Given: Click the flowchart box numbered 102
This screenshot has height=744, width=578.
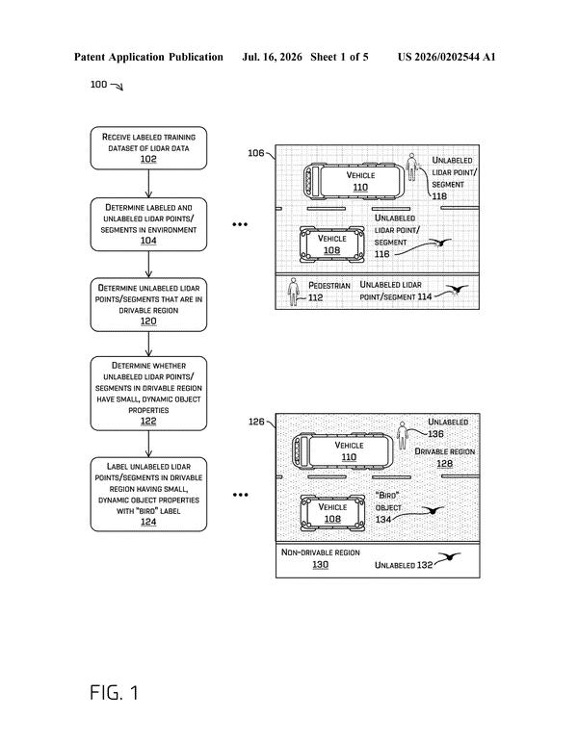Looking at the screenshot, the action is (x=148, y=148).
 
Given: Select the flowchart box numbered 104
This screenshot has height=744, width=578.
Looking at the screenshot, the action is (x=148, y=224).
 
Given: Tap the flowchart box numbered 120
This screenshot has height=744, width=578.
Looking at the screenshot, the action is (x=148, y=304).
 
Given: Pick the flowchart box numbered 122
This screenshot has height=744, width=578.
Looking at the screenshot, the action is (x=148, y=394).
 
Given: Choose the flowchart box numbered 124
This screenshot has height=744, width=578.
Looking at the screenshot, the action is (x=148, y=494).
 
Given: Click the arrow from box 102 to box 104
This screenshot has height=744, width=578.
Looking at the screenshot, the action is (x=148, y=184).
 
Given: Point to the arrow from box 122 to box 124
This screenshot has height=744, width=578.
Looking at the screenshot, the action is (x=148, y=444).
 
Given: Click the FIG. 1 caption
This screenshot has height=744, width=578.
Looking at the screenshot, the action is (x=114, y=692).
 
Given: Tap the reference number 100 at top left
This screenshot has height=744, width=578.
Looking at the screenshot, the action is (x=98, y=85).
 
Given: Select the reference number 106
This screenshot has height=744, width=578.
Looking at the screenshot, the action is (x=255, y=153).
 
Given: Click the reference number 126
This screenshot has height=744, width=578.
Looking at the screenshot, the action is (x=256, y=422).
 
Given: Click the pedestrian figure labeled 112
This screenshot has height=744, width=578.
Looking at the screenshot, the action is (x=294, y=292).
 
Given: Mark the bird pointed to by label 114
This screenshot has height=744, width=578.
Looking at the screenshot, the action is (x=458, y=290).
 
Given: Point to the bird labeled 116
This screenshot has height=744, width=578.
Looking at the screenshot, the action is (x=440, y=244).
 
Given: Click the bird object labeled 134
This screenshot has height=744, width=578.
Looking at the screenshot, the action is (x=433, y=510).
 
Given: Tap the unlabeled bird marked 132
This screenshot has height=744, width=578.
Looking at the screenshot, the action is (x=449, y=556).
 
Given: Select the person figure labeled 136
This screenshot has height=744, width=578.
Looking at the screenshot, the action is (x=403, y=435).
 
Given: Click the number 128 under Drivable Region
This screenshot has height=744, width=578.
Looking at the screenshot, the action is (x=444, y=463).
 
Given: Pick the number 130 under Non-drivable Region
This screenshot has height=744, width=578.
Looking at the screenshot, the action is (x=320, y=564).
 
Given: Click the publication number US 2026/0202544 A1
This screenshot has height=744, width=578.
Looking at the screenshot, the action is (x=446, y=58).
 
